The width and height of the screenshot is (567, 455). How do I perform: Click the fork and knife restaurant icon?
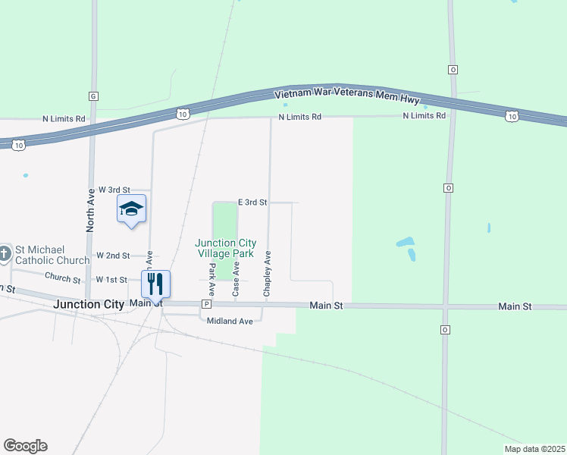(155, 284)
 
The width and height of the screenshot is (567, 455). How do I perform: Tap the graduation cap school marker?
(131, 208)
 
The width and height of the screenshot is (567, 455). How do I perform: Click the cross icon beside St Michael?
(5, 253)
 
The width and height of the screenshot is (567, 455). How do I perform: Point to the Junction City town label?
(89, 304)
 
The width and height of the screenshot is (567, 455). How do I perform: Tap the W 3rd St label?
(114, 190)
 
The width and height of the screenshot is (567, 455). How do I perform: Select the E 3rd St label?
(253, 202)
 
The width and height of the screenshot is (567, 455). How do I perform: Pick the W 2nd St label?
(113, 256)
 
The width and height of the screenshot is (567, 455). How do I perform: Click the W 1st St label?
(111, 280)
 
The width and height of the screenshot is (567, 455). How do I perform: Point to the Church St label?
(62, 278)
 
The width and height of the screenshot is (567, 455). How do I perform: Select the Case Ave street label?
(237, 278)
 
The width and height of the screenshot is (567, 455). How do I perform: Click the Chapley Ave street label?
(267, 275)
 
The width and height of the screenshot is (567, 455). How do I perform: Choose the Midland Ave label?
(230, 322)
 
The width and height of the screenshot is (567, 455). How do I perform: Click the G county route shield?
(93, 96)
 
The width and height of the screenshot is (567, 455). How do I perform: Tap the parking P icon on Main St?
(205, 304)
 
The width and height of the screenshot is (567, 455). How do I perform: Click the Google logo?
(25, 446)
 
